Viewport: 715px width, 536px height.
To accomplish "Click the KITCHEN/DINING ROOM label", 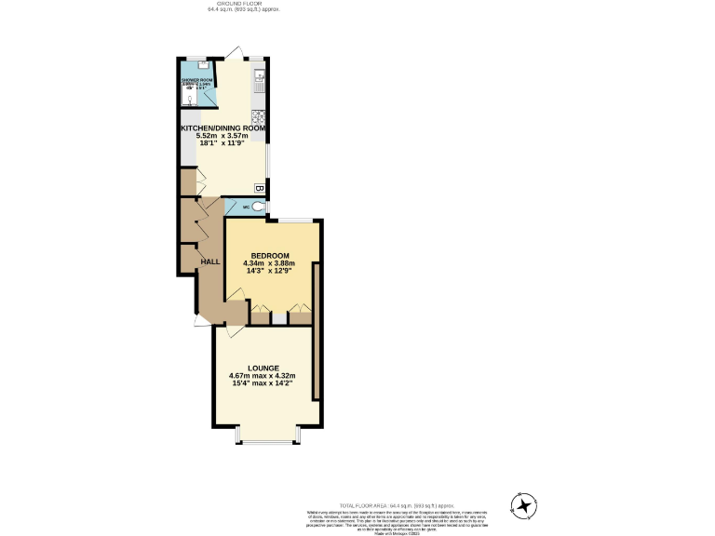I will [223, 127].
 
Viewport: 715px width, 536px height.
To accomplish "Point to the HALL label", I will [210, 261].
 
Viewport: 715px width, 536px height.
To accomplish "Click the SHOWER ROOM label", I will [196, 80].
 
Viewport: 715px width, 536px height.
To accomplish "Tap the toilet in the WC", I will [258, 207].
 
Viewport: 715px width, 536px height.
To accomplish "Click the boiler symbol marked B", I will [260, 189].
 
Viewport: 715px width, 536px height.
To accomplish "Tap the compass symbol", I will [525, 505].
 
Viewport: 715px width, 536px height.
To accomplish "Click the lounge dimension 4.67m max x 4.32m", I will [263, 376].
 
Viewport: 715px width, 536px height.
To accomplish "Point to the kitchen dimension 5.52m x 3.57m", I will [223, 136].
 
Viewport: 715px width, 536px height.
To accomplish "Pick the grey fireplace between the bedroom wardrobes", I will [278, 317].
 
